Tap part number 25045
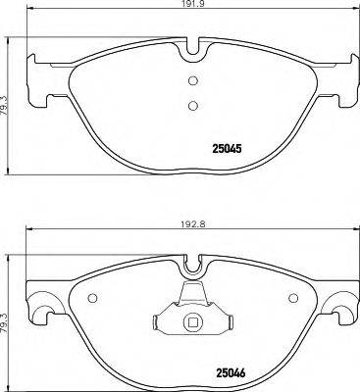click(229, 150)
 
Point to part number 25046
click(229, 373)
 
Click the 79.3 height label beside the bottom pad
click(7, 311)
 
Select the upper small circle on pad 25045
click(192, 81)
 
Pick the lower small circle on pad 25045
click(192, 106)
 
